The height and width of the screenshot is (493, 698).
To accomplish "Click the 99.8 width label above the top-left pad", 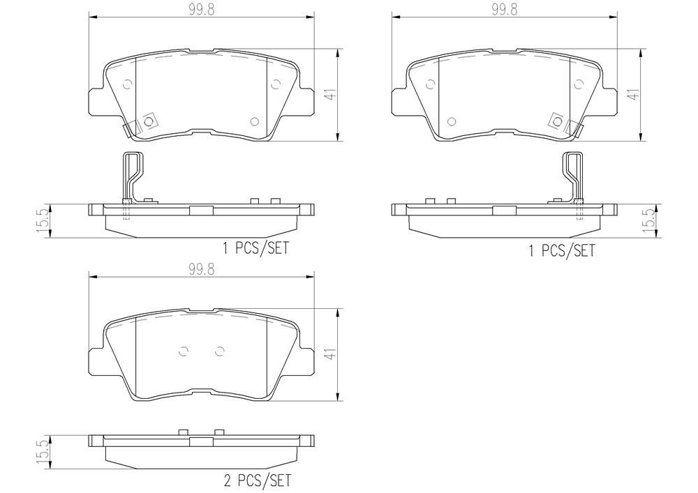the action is click(202, 10).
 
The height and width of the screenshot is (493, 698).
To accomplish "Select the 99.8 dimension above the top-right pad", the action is click(505, 10).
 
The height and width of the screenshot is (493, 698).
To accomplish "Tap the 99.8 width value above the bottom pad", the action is click(202, 269).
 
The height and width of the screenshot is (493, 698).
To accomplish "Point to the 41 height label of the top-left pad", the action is click(330, 95).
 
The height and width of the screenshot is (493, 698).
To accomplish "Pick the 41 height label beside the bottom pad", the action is click(330, 354).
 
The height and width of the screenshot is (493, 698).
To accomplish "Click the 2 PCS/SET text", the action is click(258, 480).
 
